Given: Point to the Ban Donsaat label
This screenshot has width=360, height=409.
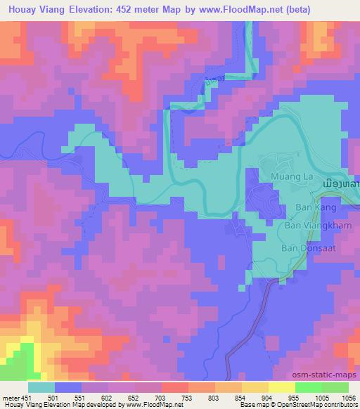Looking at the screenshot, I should coord(307,247).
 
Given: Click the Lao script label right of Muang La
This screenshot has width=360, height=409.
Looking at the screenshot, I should coord(340,183).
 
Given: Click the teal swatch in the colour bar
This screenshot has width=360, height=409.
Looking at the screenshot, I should coord(41,387).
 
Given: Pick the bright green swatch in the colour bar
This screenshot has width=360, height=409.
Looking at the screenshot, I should coord(308,387).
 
